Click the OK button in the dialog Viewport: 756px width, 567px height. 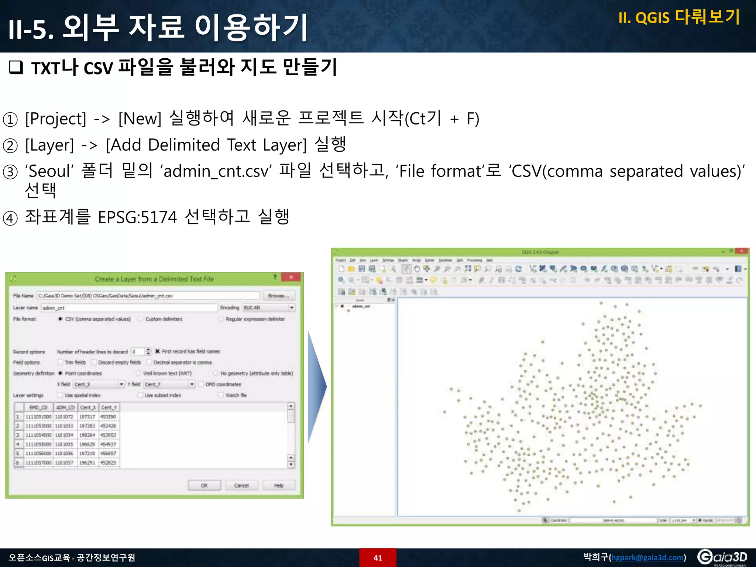[204, 485]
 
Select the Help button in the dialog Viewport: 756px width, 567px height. [279, 485]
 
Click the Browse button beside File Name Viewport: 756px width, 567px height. [278, 296]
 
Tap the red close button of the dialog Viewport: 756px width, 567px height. [291, 278]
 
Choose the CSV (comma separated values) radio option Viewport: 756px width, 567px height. [60, 319]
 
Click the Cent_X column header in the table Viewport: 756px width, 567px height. [88, 408]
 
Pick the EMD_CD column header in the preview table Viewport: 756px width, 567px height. [38, 408]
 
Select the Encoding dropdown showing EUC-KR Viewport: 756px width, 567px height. [268, 307]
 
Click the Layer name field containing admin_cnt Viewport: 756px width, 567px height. [129, 308]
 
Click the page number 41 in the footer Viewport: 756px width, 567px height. [378, 558]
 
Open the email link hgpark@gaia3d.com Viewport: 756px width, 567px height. [647, 557]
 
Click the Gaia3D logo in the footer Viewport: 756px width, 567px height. [722, 557]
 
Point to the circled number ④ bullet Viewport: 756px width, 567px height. [10, 218]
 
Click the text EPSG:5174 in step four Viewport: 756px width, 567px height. [137, 217]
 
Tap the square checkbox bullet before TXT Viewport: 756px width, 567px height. [16, 67]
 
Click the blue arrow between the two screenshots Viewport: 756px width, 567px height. [316, 386]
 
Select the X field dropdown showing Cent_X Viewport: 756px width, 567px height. [99, 384]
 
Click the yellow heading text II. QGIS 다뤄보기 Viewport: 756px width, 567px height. [679, 17]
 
